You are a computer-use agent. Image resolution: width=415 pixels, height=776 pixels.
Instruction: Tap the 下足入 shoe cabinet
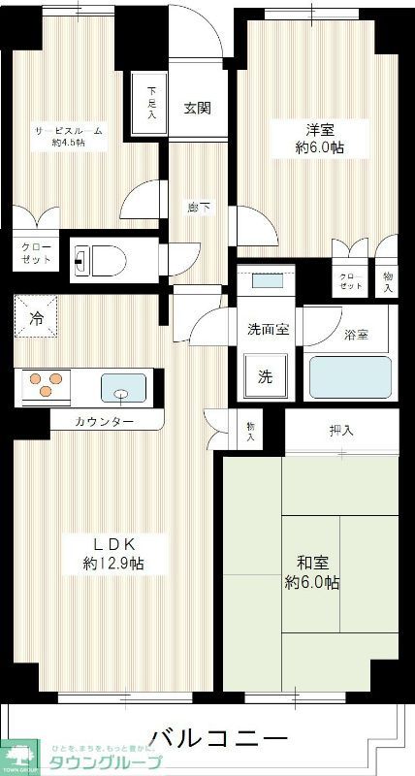150,102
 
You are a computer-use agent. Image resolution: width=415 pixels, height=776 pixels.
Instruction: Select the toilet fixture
97,259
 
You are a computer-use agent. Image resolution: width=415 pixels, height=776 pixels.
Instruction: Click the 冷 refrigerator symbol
36,317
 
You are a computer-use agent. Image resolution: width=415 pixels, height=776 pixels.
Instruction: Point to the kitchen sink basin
122,389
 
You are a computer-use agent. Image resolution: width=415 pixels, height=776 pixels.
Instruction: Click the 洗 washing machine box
265,376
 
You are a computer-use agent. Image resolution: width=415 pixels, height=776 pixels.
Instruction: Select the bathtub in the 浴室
349,377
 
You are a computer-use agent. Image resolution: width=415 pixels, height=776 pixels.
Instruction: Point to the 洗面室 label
267,329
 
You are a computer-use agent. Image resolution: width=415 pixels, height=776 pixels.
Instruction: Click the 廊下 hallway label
198,207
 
